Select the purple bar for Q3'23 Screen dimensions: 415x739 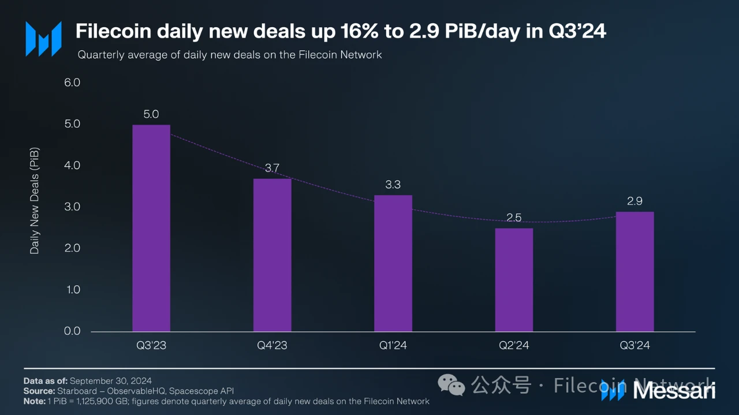click(151, 228)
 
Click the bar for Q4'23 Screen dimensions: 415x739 click(272, 255)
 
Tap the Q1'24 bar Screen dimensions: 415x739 click(393, 263)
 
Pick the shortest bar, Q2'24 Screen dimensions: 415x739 click(514, 280)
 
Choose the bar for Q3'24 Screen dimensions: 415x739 click(635, 271)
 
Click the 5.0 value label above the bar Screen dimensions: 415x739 click(151, 114)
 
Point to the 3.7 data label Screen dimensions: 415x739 click(272, 168)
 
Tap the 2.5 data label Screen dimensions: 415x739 click(514, 218)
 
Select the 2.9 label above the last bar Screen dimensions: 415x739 click(635, 201)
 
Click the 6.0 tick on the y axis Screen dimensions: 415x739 click(72, 83)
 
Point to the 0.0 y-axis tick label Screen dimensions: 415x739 click(72, 331)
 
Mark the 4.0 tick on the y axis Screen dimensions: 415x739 click(72, 166)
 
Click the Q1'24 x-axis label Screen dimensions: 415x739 click(393, 346)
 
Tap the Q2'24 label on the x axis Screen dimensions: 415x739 click(514, 346)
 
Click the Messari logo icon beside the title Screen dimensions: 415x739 click(43, 39)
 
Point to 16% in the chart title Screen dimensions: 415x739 click(360, 31)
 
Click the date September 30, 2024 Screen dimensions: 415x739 click(111, 381)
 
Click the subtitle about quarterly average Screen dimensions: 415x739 click(230, 55)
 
